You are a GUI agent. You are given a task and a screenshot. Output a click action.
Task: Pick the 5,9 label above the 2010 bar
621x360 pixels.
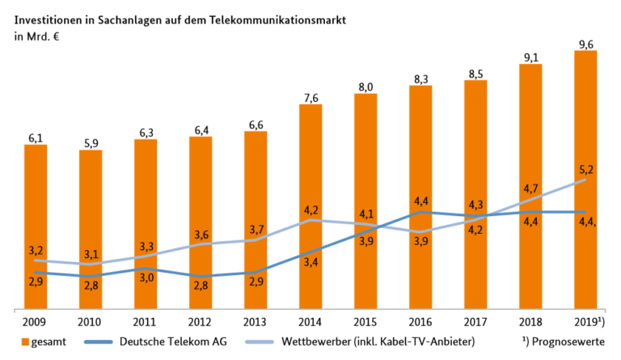[91, 142]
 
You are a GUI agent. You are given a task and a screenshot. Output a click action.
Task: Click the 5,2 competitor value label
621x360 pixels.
[585, 169]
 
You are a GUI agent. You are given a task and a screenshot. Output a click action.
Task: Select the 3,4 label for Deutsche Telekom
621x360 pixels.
[310, 261]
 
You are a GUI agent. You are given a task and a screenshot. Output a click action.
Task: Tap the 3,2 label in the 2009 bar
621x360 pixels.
[36, 250]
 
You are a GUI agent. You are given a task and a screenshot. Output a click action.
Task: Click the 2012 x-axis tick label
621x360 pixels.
[201, 321]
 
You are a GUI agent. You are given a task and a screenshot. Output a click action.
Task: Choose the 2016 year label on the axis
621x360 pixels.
[420, 321]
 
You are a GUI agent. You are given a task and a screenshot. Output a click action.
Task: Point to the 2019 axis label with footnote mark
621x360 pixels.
[588, 321]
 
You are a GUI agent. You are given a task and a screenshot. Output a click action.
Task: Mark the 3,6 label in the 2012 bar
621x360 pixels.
[201, 235]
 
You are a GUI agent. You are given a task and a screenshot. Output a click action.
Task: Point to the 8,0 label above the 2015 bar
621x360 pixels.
[365, 87]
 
